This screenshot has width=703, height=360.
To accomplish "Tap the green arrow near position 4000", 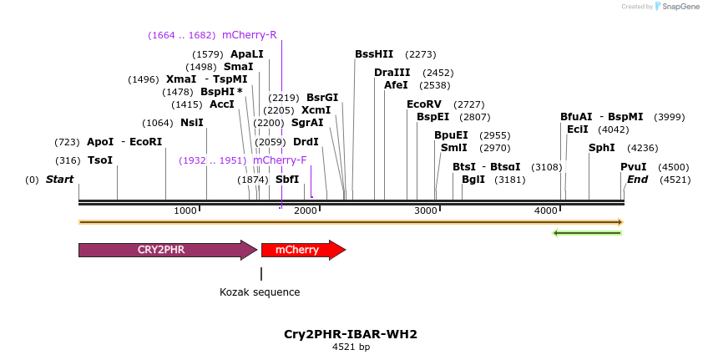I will click(587, 232).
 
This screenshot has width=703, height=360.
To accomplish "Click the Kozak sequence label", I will click(260, 292).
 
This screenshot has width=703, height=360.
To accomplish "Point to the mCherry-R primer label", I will click(249, 35).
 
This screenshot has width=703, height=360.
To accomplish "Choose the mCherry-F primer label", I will click(280, 160).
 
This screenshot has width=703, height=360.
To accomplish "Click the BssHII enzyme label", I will click(374, 54).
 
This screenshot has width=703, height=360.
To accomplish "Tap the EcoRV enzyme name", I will click(422, 104).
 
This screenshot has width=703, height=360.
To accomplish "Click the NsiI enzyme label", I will click(192, 123).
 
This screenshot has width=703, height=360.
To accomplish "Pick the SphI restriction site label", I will click(601, 148).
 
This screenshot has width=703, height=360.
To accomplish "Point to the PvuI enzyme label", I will click(633, 167).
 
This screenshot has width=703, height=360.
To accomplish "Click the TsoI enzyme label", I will click(99, 160).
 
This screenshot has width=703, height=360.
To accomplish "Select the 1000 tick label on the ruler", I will click(185, 210).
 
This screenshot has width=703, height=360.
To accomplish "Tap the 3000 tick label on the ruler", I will click(426, 210).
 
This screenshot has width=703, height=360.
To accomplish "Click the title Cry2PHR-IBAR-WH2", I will click(351, 334).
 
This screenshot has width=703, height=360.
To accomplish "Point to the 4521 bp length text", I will click(351, 347).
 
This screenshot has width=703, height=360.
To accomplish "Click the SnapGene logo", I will click(676, 7).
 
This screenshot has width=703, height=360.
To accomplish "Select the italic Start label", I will click(59, 180).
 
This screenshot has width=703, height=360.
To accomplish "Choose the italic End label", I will click(637, 180).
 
